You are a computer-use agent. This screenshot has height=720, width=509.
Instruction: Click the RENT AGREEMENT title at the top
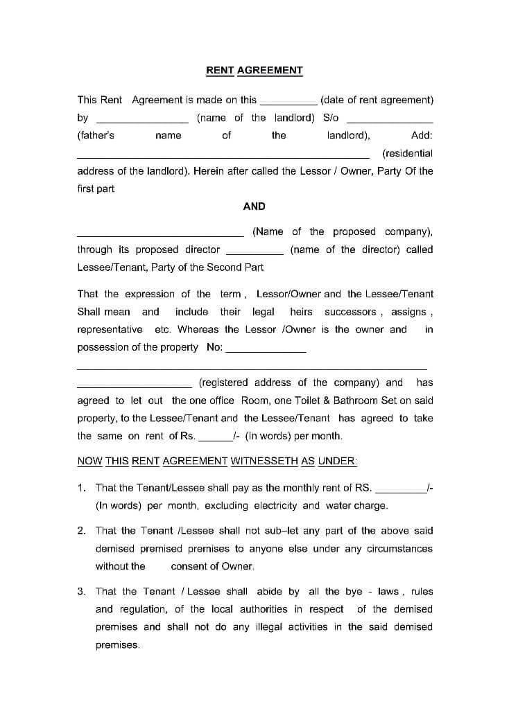(x=254, y=70)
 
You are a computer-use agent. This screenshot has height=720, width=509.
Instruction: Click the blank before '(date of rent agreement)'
(x=288, y=102)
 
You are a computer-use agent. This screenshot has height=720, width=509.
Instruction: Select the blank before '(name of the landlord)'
(x=142, y=120)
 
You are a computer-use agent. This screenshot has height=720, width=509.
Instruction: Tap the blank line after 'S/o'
(x=389, y=120)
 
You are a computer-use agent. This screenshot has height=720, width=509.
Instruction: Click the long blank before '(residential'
(x=223, y=156)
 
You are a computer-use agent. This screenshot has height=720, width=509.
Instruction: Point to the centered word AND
(x=254, y=206)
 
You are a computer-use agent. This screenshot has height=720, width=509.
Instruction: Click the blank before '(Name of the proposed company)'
(x=160, y=234)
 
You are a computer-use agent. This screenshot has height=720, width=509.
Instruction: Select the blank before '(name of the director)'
(x=254, y=252)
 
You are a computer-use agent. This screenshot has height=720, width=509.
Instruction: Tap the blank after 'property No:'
(x=266, y=350)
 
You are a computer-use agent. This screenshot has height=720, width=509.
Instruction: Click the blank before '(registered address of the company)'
(x=135, y=385)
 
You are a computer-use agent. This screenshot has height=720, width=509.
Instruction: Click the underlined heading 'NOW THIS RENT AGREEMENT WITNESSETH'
(x=217, y=461)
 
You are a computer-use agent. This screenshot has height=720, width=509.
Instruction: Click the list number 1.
(x=81, y=488)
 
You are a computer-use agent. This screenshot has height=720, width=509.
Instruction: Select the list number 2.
(x=81, y=531)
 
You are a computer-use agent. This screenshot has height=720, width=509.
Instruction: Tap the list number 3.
(x=81, y=591)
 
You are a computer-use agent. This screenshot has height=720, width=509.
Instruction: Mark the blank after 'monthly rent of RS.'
(x=401, y=491)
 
